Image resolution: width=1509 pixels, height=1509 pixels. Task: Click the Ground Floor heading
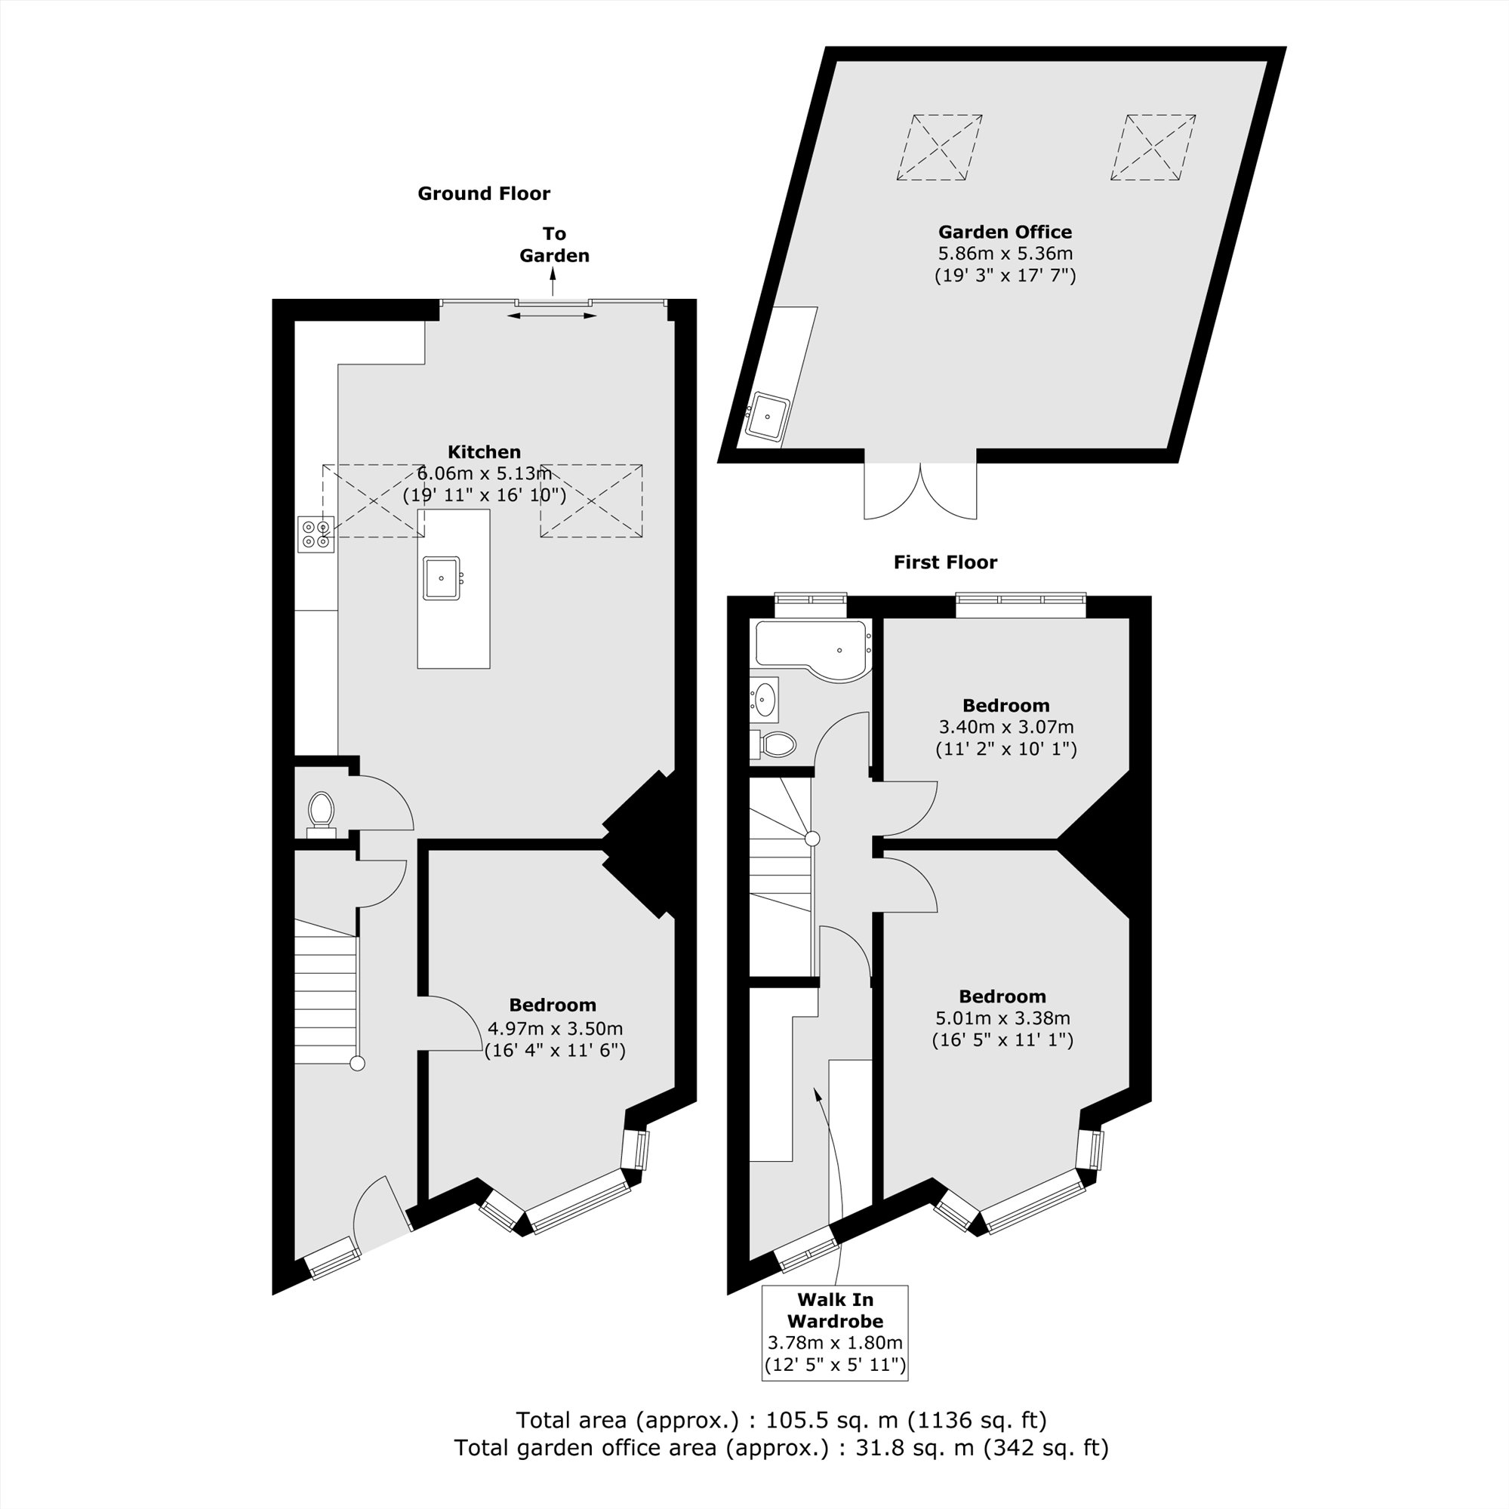483,194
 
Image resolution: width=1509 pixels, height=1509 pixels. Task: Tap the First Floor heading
945,562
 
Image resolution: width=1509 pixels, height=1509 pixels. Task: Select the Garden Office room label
1005,232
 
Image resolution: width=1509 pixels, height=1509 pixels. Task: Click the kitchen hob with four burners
316,534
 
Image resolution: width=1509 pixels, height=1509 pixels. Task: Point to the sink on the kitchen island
442,578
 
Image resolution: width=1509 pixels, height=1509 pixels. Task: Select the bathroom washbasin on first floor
765,699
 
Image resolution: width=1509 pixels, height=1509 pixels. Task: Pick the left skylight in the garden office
939,148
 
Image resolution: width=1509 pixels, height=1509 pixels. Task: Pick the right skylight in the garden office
1153,148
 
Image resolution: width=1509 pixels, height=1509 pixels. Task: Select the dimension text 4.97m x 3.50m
555,1029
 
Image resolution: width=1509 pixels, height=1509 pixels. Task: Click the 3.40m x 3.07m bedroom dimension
1006,726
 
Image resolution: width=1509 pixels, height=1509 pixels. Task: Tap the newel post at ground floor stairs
357,1063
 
